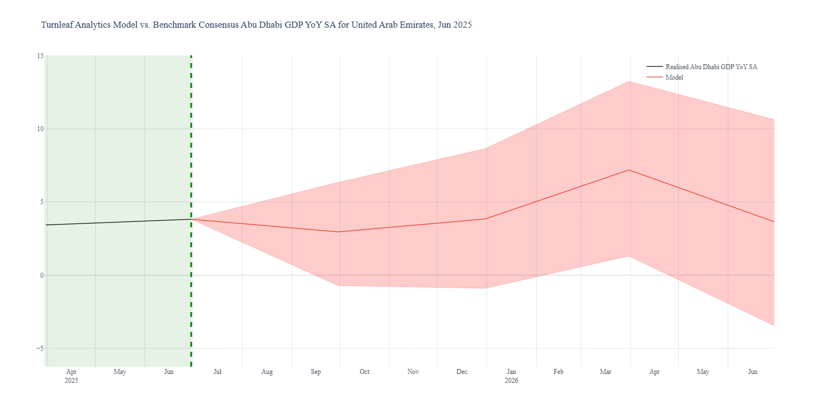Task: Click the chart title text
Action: coord(256,25)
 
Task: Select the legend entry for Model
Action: coord(674,77)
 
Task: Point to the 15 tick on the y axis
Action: coord(40,56)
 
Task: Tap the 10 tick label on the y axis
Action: coord(40,129)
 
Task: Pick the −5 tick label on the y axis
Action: coord(39,348)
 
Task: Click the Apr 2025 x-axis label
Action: coord(71,376)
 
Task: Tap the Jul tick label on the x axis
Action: coord(218,372)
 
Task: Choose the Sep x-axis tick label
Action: coord(316,372)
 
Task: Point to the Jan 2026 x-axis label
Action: coord(511,376)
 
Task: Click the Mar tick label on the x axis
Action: coord(606,372)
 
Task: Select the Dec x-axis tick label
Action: coord(462,372)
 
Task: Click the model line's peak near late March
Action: coord(629,170)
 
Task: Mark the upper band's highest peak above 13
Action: coord(629,81)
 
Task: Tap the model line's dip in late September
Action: coord(339,232)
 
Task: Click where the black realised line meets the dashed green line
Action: coord(191,219)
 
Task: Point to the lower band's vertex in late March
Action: coord(629,256)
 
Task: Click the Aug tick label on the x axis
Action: coord(267,372)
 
